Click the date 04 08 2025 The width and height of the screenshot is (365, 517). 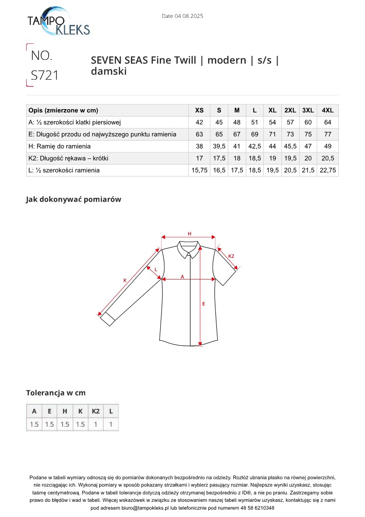(x=182, y=16)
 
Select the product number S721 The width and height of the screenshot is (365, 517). (x=45, y=75)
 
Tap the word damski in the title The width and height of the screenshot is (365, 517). (x=109, y=71)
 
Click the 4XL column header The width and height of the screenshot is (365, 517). (x=327, y=110)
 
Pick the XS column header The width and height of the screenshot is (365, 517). (x=199, y=110)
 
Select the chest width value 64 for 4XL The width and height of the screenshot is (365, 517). (x=327, y=122)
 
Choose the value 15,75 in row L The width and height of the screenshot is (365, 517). (x=199, y=170)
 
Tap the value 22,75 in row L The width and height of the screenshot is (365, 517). (x=327, y=170)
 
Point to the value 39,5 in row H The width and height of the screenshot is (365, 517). (x=219, y=146)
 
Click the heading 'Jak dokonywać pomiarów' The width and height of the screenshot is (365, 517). (x=73, y=199)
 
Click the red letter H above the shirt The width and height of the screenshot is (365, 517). (x=189, y=234)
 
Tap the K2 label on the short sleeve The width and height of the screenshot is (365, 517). (x=232, y=256)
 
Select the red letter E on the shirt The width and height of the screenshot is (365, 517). (x=203, y=304)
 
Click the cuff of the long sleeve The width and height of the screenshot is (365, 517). (x=107, y=319)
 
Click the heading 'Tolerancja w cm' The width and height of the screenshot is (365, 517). (x=56, y=393)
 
